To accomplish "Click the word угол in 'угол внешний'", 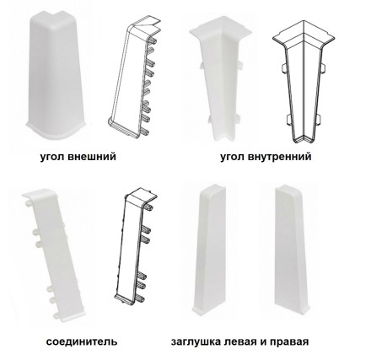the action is [x=52, y=157].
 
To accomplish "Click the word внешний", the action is [x=92, y=156].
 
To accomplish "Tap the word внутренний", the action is [x=280, y=156].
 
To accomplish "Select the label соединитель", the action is [x=82, y=341].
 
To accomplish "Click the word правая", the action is [x=289, y=342].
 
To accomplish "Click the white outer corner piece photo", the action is [x=56, y=75].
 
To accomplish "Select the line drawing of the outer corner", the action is [x=134, y=78].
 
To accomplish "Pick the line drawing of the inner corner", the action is [x=303, y=82].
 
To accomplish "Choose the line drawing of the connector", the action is [x=136, y=246].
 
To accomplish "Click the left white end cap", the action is [x=210, y=250].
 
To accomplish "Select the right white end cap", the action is [x=292, y=250].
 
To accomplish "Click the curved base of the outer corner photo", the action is [x=56, y=131].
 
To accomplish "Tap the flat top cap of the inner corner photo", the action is [x=219, y=30].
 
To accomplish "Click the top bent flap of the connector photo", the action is [x=40, y=195].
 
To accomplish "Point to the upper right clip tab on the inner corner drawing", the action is [x=322, y=67].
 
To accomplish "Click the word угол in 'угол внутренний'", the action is [x=233, y=157].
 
